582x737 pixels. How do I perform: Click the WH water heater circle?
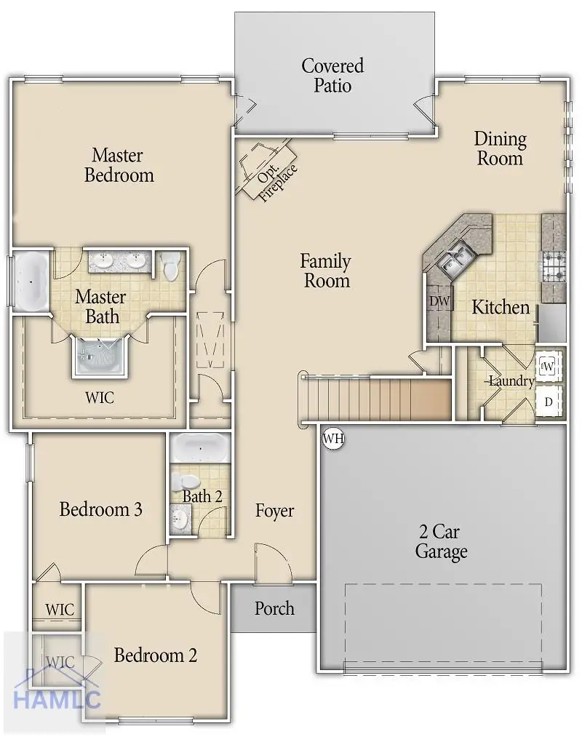point(333,439)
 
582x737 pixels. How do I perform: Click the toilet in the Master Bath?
point(172,266)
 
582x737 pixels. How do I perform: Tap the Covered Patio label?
point(332,76)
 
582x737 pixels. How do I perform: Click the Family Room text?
point(326,271)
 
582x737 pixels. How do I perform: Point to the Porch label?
point(274,608)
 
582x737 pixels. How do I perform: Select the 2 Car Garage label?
point(441,541)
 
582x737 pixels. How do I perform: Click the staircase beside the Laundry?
point(375,399)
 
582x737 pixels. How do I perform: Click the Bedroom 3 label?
point(100,509)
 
